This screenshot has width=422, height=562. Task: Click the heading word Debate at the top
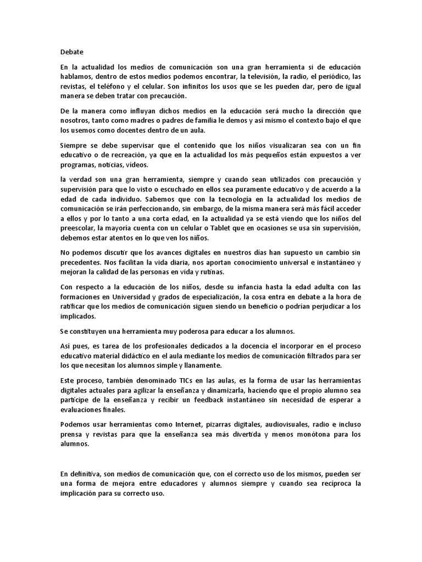point(71,52)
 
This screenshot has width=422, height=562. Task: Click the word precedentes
point(81,262)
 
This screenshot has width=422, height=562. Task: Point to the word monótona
point(314,434)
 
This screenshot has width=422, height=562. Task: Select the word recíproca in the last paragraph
point(336,484)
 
